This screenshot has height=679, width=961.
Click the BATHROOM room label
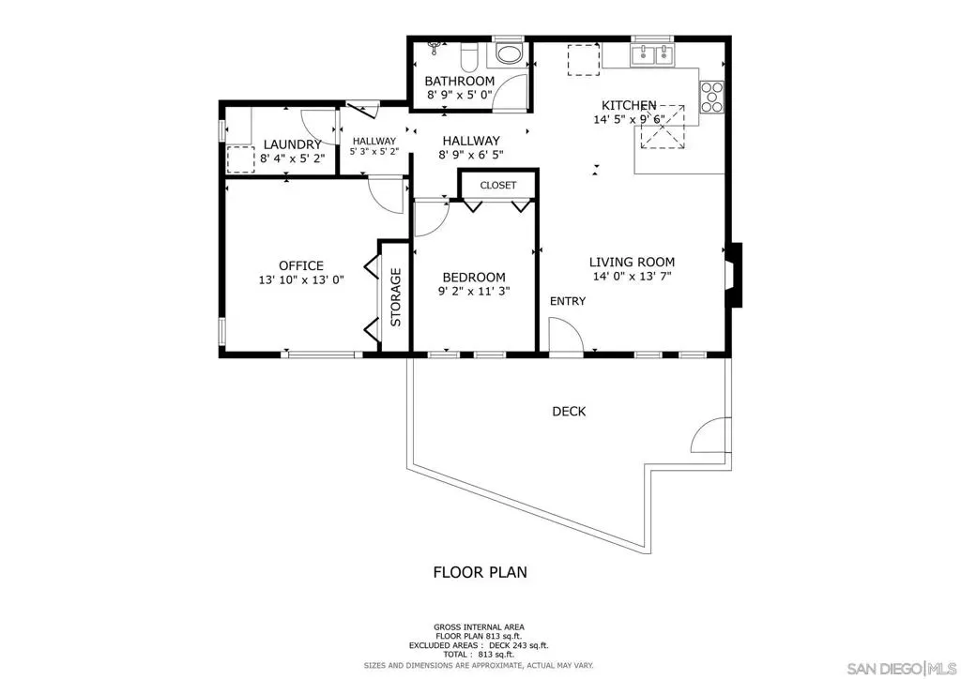tap(459, 81)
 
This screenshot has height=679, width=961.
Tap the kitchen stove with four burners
tap(711, 98)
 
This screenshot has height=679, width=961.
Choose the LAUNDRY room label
tap(293, 145)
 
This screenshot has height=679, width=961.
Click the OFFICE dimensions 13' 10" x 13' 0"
tap(301, 280)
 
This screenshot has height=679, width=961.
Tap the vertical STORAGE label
tap(396, 297)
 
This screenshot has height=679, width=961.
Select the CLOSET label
tap(498, 185)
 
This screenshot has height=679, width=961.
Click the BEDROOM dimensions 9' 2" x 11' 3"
tap(474, 292)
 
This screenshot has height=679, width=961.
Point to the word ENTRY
tap(568, 301)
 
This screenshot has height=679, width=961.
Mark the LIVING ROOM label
tap(632, 262)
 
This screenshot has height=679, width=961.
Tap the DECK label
tap(569, 412)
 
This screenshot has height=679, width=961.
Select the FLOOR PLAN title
tap(480, 572)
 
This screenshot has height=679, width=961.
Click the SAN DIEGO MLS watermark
tap(902, 668)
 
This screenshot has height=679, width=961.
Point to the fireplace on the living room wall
tap(734, 275)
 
